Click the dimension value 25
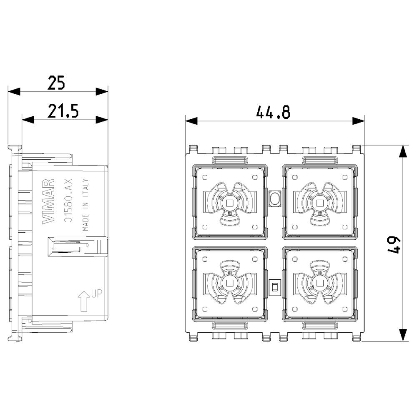click(x=56, y=83)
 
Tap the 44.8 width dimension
click(x=273, y=112)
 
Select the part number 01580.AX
click(x=70, y=200)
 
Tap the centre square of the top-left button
click(x=229, y=203)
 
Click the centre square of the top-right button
click(x=320, y=203)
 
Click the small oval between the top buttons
click(x=275, y=199)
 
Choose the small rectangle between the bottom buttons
click(x=274, y=286)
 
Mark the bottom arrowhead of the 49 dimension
click(x=403, y=335)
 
